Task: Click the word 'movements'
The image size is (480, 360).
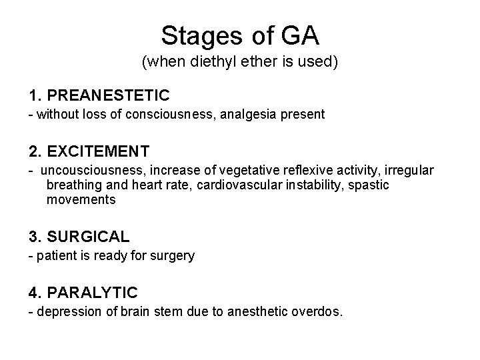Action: click(x=81, y=199)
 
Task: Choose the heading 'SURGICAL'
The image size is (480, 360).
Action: click(x=89, y=236)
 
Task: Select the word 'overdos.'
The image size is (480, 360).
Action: click(x=318, y=311)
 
